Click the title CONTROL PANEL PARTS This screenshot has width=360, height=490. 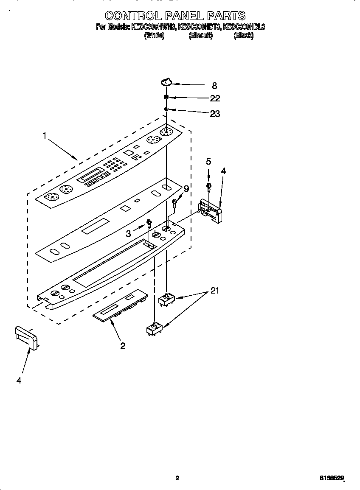pyautogui.click(x=175, y=16)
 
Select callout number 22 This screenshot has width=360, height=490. pyautogui.click(x=215, y=98)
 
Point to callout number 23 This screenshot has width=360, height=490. pyautogui.click(x=215, y=114)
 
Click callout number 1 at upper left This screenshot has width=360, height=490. pyautogui.click(x=44, y=136)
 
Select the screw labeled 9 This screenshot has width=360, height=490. pyautogui.click(x=174, y=204)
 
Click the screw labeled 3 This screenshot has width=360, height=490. pyautogui.click(x=149, y=223)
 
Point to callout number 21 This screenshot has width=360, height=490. pyautogui.click(x=216, y=291)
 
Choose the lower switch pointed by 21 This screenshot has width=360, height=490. pyautogui.click(x=154, y=330)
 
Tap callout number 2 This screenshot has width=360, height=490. pyautogui.click(x=123, y=346)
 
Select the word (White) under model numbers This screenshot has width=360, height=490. pyautogui.click(x=154, y=36)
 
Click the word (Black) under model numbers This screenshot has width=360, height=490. pyautogui.click(x=243, y=36)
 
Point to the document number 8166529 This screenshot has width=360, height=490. pyautogui.click(x=332, y=478)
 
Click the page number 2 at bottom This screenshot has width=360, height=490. pyautogui.click(x=177, y=478)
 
